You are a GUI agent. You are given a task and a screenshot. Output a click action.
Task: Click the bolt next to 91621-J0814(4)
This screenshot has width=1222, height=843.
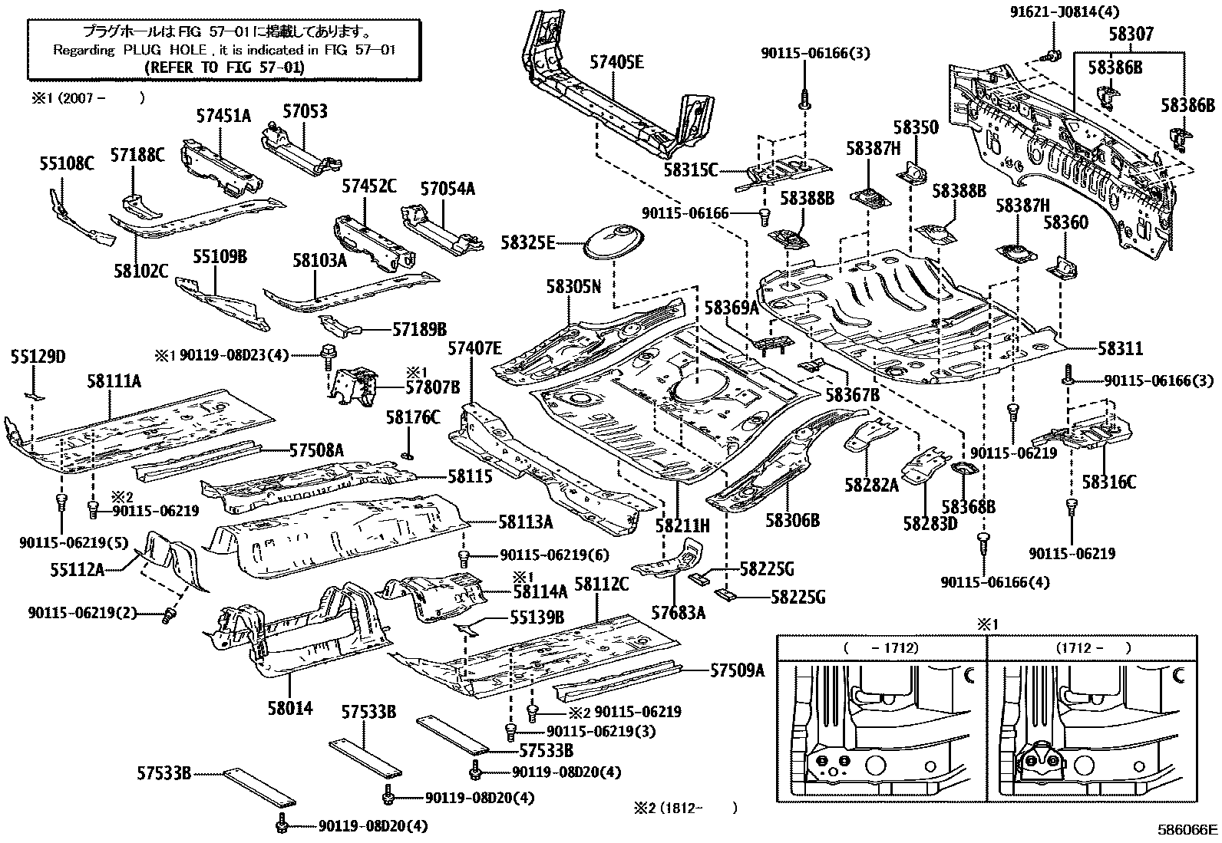[1052, 54]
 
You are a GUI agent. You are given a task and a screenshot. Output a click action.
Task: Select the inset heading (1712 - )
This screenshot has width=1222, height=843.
[1092, 647]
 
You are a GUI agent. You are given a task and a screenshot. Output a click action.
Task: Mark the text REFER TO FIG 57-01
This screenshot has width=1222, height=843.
[224, 67]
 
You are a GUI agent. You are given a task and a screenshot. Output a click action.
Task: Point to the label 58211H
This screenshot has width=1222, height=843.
[682, 526]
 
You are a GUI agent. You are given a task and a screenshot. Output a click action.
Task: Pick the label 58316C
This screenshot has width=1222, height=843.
[1108, 482]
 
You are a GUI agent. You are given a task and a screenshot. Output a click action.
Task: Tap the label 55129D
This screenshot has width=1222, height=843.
[38, 357]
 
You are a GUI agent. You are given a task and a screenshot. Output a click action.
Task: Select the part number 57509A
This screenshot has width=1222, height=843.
[737, 670]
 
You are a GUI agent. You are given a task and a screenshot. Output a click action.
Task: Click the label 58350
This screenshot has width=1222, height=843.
[915, 127]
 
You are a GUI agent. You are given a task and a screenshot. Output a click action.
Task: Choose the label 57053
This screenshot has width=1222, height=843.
[304, 111]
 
